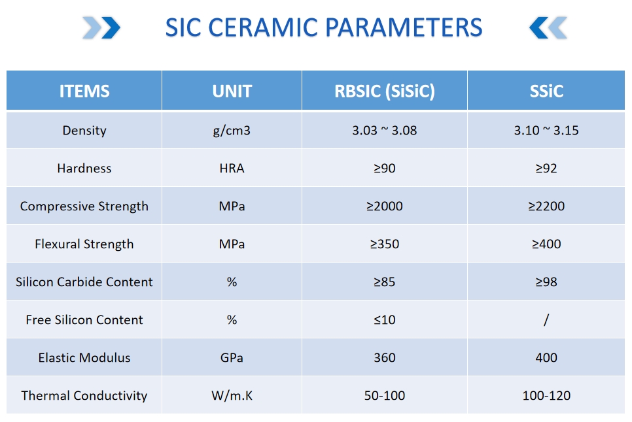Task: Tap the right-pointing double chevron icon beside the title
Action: [x=101, y=27]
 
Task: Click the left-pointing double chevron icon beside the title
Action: [x=548, y=27]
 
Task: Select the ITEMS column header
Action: [x=84, y=91]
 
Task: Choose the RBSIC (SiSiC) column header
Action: [x=385, y=91]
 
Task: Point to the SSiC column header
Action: [x=546, y=91]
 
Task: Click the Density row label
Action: [x=84, y=131]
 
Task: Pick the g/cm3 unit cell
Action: [x=232, y=131]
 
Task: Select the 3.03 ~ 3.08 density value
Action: [x=385, y=131]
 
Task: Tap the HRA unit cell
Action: [x=232, y=168]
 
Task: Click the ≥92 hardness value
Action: [x=546, y=168]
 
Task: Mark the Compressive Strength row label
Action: [x=84, y=206]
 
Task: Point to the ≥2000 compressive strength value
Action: [x=385, y=206]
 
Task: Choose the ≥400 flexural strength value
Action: [x=546, y=244]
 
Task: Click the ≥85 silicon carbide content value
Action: [x=385, y=282]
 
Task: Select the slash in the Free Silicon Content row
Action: [x=546, y=320]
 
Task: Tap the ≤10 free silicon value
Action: [x=385, y=320]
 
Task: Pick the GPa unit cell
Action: [x=232, y=357]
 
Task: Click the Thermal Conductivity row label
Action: [x=84, y=396]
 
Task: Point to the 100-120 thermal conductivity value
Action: [x=546, y=396]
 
